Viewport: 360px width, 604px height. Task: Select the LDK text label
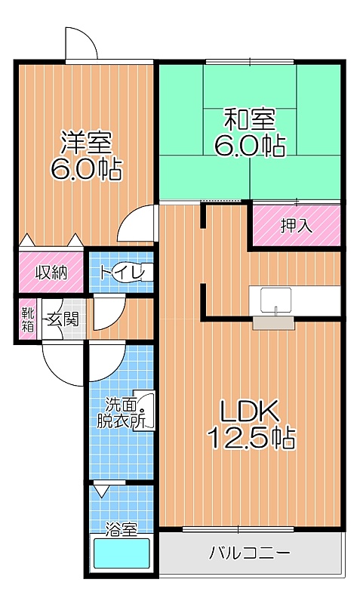point(249,411)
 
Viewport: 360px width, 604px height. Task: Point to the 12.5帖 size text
point(251,438)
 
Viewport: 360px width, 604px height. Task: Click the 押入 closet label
point(296,226)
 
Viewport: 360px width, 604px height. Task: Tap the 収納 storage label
point(52,273)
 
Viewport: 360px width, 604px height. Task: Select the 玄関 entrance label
point(63,319)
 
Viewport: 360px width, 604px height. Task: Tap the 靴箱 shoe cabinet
point(28,319)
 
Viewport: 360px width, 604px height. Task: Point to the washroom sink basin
point(146,411)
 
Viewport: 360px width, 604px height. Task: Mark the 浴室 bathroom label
point(121,530)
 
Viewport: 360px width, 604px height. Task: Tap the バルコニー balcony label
point(250,553)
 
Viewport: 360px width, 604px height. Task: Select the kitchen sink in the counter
point(275,300)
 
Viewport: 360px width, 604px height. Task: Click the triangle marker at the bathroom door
point(101,491)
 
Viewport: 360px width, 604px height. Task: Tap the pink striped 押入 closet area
point(297,225)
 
